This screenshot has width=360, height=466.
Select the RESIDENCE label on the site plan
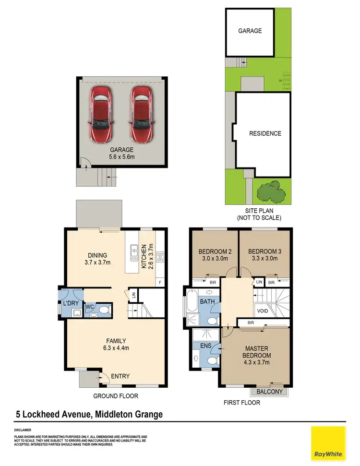coord(265,133)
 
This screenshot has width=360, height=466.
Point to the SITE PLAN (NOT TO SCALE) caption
coord(258,214)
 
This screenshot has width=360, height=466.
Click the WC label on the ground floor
coord(89,307)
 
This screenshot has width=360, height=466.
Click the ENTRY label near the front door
coord(120,376)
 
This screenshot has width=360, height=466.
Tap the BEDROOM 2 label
coord(212,255)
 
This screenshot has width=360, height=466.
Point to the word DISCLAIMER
coord(23,430)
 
